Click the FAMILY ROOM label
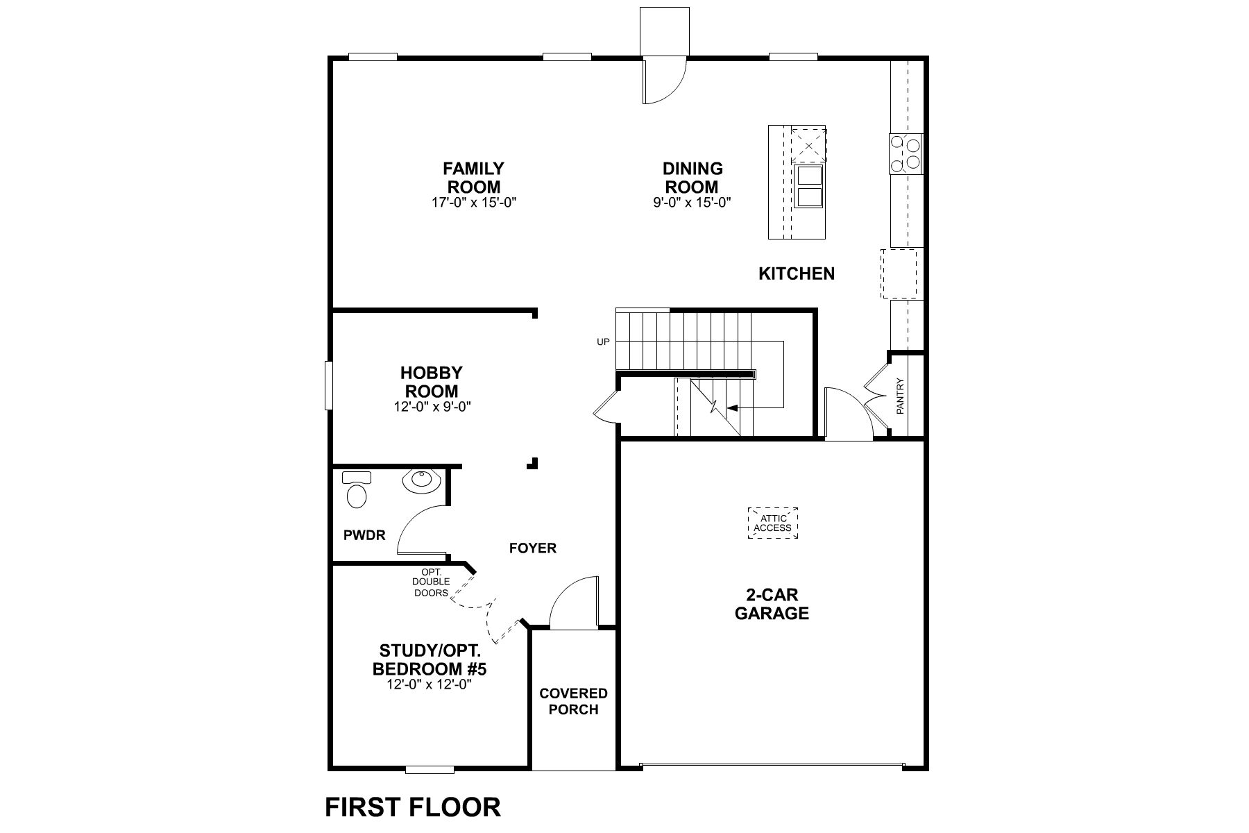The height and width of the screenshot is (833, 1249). tap(474, 178)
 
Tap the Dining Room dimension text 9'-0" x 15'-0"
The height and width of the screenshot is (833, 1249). tap(693, 203)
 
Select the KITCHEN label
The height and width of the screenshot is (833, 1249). tap(797, 274)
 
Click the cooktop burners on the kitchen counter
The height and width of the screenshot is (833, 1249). tap(906, 153)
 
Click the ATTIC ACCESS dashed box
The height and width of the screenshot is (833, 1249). tap(773, 523)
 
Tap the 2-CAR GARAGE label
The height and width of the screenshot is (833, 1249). tap(772, 604)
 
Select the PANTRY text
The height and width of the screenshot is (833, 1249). tap(901, 396)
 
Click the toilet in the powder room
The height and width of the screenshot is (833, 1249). tap(357, 491)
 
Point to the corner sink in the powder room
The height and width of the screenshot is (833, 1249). tap(421, 480)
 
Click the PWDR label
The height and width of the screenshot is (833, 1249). tap(364, 535)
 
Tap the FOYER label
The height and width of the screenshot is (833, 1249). tap(533, 548)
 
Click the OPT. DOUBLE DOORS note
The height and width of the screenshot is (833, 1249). tap(431, 582)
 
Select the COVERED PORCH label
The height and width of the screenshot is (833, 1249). tap(573, 701)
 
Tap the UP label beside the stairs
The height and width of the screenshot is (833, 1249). tap(603, 342)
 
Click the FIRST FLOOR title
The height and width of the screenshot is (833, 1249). tap(413, 807)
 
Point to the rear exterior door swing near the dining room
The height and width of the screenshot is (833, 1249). tap(664, 82)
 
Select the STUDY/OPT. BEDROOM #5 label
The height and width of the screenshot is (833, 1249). tap(434, 660)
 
